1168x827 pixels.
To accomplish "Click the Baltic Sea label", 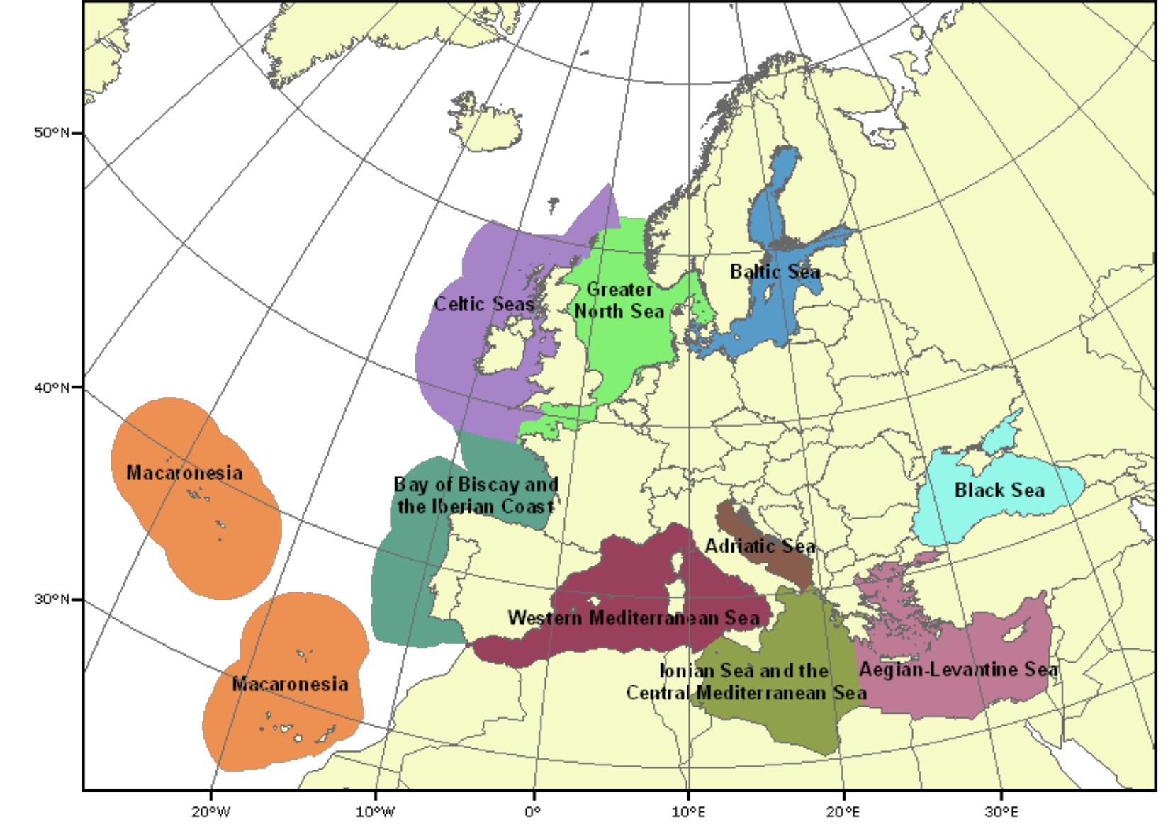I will coord(775,271).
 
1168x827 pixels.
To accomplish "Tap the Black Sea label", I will coord(999,490).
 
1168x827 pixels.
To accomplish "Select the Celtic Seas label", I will coord(483,304).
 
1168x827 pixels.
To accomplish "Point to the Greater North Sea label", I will coord(619,300).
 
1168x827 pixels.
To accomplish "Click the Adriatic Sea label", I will coord(760,546).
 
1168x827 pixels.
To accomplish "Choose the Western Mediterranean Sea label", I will coord(633,617).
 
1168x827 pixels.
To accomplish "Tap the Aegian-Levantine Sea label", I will coord(958,670).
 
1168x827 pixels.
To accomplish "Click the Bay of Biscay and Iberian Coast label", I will coord(476,495).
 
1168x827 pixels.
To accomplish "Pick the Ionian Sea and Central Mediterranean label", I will coord(745,681).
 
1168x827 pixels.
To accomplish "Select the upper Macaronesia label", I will coord(184,473).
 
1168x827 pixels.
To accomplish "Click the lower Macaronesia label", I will coord(290,684).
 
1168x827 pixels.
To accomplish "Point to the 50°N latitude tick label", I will coord(51,133).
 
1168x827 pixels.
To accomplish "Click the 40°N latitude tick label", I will coord(51,388).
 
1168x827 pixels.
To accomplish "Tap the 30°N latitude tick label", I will coord(51,600).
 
